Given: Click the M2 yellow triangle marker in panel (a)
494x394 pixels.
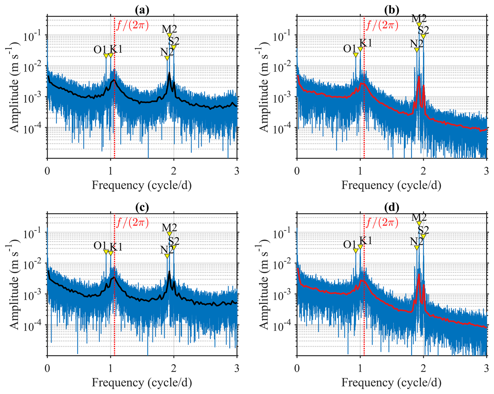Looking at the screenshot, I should pos(169,35).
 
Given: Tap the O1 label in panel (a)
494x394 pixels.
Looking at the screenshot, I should pos(100,49).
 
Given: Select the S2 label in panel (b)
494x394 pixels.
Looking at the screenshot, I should pos(423,30).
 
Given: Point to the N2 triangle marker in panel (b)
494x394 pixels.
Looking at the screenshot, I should pos(417,50).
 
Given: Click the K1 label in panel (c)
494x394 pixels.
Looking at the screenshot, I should pos(116,247).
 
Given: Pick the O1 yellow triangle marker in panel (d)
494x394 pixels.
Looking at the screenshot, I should pos(356,251).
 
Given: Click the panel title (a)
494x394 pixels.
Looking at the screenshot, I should pos(142,10).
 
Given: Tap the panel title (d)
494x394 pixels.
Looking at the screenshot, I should pos(392,208).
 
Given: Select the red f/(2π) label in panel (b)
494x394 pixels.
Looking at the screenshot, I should pos(382,25).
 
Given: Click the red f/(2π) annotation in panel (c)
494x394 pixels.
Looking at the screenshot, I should pos(133,222).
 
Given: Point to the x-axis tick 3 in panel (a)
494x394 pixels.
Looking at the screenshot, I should pos(237,171).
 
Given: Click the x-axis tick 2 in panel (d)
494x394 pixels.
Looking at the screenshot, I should pos(423,368).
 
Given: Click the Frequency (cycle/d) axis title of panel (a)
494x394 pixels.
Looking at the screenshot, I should pos(142,185).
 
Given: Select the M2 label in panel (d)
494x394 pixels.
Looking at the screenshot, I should pos(419,217).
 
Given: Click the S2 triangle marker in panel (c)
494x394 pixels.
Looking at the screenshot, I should pos(174,247).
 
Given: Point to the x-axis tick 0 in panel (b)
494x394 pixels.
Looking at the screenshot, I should pos(297,171).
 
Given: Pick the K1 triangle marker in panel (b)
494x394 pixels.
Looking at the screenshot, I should pos(360,49).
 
